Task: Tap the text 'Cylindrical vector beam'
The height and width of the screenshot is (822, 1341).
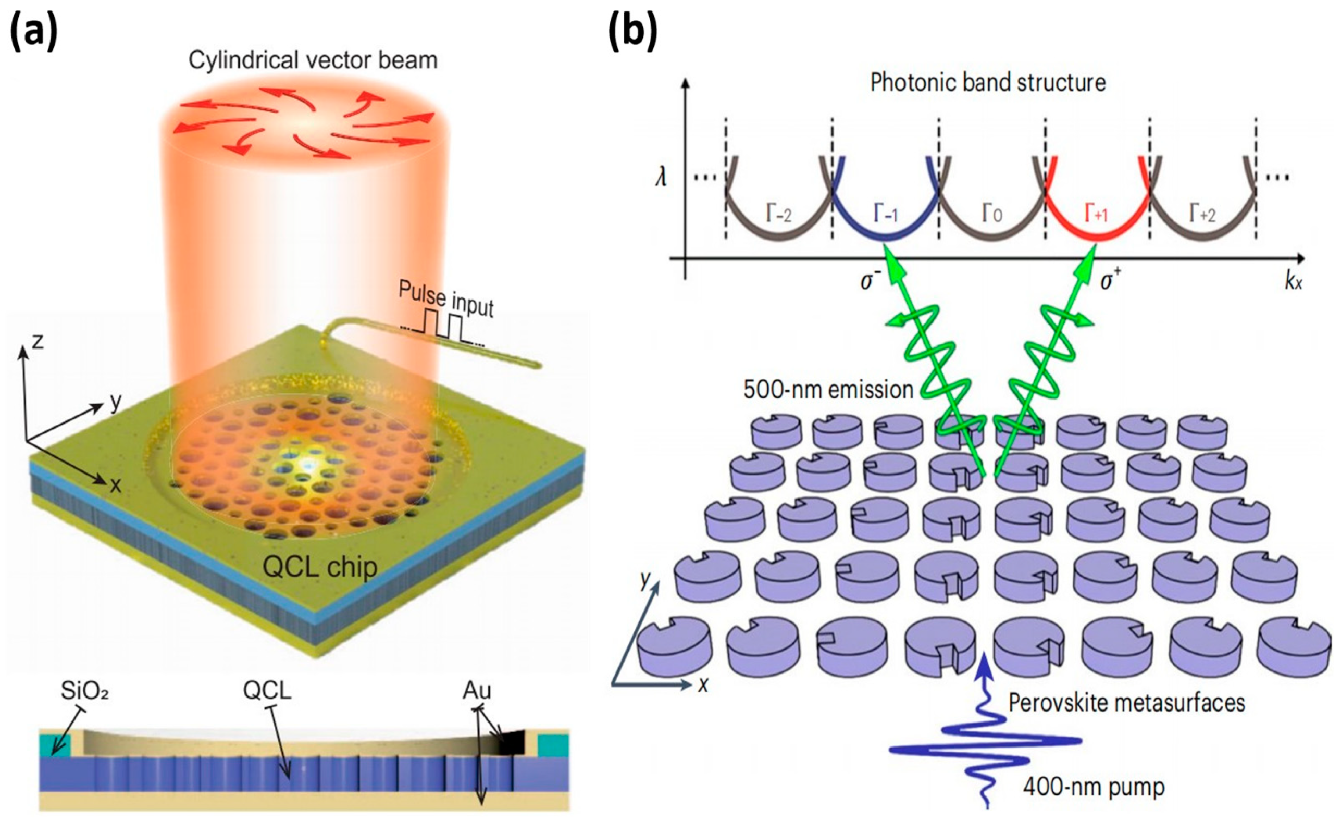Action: click(313, 60)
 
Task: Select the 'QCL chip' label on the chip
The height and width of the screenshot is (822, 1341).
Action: click(320, 568)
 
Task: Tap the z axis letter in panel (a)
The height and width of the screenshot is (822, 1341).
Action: click(37, 342)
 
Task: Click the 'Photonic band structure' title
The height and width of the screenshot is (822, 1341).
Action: click(988, 83)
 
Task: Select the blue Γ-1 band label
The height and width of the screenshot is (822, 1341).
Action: click(886, 214)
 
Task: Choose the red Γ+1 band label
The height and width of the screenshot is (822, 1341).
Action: click(1096, 214)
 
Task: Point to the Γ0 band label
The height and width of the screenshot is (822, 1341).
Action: click(991, 214)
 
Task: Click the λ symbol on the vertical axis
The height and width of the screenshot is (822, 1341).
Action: click(661, 177)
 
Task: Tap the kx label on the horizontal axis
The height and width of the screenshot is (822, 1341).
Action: click(1293, 282)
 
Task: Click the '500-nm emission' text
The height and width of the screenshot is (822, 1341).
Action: click(828, 390)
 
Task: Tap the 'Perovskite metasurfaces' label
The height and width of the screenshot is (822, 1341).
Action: click(1126, 702)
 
